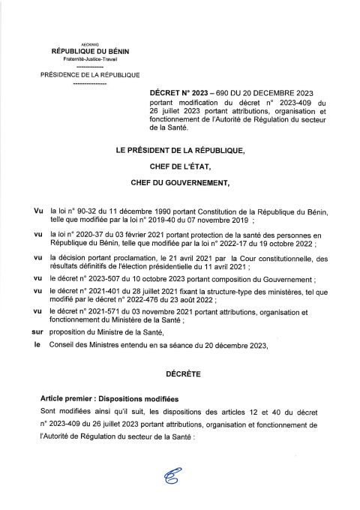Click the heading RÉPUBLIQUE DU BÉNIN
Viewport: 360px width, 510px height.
click(89, 51)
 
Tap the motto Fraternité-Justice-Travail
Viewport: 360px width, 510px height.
click(89, 59)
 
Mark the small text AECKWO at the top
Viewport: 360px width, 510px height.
click(89, 43)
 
